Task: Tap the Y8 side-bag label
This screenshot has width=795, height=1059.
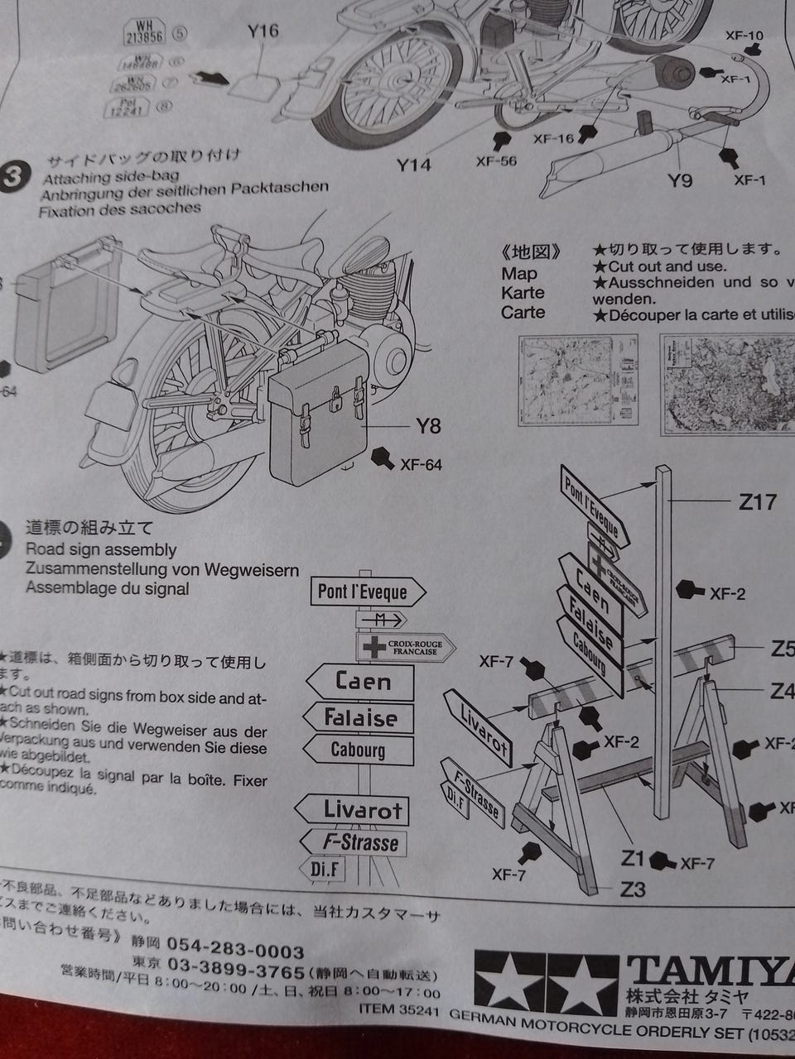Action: pyautogui.click(x=429, y=427)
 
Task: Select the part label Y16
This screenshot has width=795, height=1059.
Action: pyautogui.click(x=263, y=31)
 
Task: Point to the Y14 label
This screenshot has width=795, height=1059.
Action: pyautogui.click(x=413, y=165)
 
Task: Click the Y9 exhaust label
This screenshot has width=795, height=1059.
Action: pyautogui.click(x=680, y=180)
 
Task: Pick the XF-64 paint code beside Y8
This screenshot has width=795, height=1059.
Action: pyautogui.click(x=421, y=464)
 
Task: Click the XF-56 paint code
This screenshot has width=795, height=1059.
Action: pyautogui.click(x=496, y=161)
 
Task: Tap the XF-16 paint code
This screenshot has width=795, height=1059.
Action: pyautogui.click(x=554, y=138)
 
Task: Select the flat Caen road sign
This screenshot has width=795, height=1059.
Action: pyautogui.click(x=361, y=682)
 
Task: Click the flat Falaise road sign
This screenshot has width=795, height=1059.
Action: pyautogui.click(x=359, y=717)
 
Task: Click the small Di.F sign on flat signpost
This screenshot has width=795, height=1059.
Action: pyautogui.click(x=323, y=870)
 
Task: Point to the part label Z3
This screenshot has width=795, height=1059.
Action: pyautogui.click(x=634, y=889)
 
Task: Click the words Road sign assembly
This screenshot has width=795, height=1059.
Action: pyautogui.click(x=101, y=549)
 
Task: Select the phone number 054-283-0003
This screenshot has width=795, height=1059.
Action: pyautogui.click(x=236, y=944)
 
